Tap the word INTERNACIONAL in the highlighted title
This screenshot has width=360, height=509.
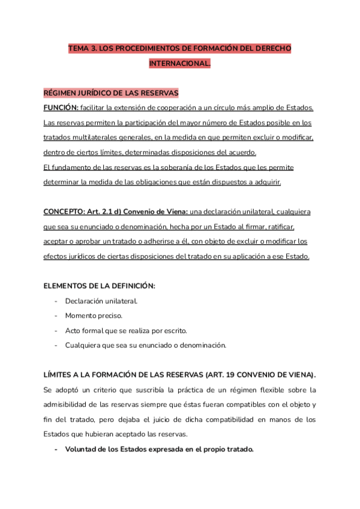coord(179,63)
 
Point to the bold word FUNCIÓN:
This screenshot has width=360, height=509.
coord(61,107)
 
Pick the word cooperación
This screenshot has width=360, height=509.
coord(206,107)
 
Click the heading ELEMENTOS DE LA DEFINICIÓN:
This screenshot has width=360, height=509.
coord(99,286)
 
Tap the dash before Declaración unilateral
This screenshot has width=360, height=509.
coord(56,301)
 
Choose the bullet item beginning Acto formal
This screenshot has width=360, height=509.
coord(126,330)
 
